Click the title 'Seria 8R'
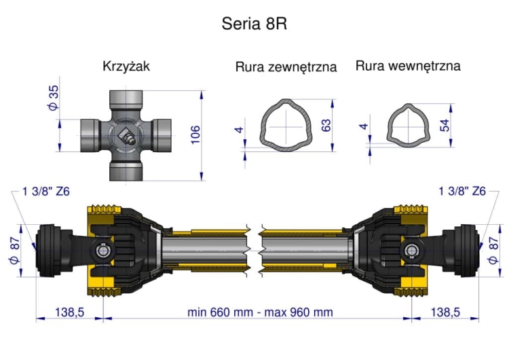(x=254, y=24)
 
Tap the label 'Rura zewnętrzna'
(x=286, y=67)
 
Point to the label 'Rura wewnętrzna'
(x=408, y=66)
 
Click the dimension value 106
(x=195, y=135)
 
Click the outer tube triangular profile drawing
(x=288, y=126)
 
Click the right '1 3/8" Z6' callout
(x=462, y=192)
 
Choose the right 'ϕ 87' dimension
(x=493, y=251)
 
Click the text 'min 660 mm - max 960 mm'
(x=261, y=312)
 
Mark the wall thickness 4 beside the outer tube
(x=240, y=128)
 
